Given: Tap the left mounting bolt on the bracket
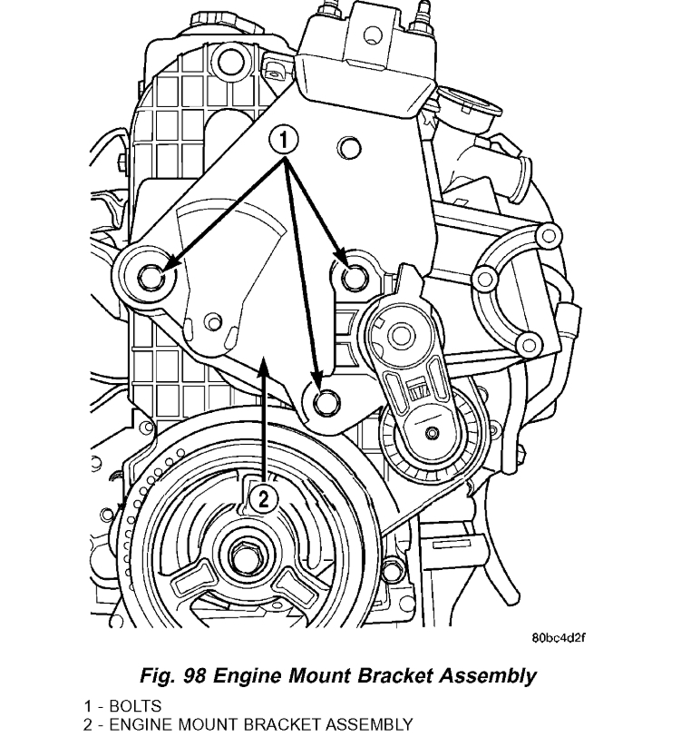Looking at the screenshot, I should (x=151, y=276).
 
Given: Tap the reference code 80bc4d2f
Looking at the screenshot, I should (x=559, y=636).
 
